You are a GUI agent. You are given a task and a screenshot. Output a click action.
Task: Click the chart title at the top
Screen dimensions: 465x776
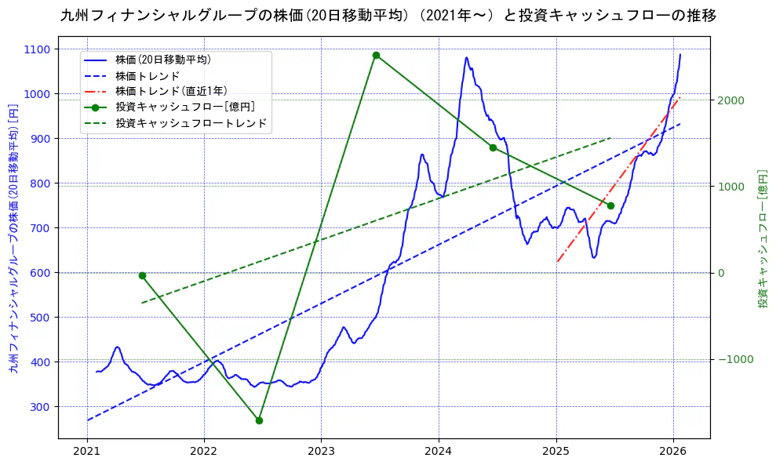click(388, 16)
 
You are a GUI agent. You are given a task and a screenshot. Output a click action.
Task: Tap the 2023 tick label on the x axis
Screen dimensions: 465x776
click(321, 451)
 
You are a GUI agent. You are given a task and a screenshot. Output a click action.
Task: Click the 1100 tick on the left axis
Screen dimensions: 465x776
click(36, 49)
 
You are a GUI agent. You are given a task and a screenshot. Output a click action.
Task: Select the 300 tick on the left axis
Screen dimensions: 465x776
click(39, 407)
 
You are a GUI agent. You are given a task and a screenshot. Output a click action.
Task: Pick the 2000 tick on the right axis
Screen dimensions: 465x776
click(730, 100)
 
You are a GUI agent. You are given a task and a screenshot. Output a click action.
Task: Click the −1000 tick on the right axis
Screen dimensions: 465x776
click(731, 359)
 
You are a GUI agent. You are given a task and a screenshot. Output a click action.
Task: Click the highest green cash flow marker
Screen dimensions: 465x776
click(376, 56)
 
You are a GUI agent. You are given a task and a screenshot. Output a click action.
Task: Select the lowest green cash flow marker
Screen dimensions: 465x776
click(259, 420)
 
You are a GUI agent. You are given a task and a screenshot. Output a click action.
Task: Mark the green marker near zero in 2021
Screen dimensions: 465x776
click(142, 275)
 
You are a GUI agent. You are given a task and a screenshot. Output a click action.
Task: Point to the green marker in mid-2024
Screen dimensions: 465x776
click(493, 147)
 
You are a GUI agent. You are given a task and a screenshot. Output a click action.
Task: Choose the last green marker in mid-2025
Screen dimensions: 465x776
click(610, 205)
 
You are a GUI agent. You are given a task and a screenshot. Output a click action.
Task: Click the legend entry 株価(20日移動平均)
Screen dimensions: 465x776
click(162, 60)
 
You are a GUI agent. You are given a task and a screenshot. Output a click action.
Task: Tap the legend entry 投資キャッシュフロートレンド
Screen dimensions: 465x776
click(191, 123)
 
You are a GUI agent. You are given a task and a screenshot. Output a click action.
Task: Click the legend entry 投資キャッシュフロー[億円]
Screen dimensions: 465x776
click(184, 107)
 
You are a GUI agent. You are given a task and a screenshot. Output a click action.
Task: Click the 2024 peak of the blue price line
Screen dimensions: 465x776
click(467, 57)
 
